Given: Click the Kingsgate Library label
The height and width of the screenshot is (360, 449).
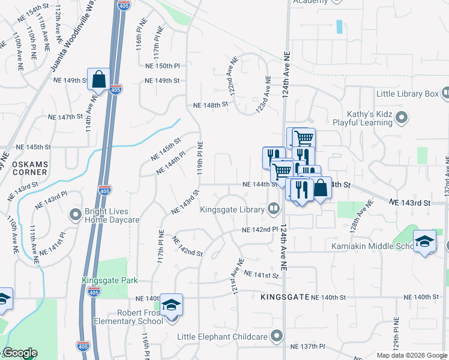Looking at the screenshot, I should (232, 209).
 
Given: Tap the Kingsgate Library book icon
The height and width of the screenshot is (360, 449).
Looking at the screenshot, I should (274, 209).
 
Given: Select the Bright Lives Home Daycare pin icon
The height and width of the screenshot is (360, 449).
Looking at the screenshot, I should (76, 214).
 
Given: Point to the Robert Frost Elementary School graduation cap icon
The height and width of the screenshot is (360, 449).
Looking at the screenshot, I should (172, 305).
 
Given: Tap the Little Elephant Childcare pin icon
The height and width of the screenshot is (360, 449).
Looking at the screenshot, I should (277, 335).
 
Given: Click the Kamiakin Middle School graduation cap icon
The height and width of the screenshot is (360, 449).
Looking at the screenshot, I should (424, 241).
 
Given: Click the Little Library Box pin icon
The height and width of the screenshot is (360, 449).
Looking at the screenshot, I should (445, 94).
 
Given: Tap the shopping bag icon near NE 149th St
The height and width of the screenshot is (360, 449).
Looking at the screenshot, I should (99, 79).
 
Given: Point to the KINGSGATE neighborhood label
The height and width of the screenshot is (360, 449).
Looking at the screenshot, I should (285, 297).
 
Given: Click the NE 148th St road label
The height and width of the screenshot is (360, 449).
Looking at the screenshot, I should (211, 104).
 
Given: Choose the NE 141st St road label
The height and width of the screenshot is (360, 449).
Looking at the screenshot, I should (262, 275).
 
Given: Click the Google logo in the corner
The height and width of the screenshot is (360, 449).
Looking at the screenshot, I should (20, 353).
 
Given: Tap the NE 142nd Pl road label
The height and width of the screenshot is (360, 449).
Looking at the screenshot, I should (260, 230).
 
